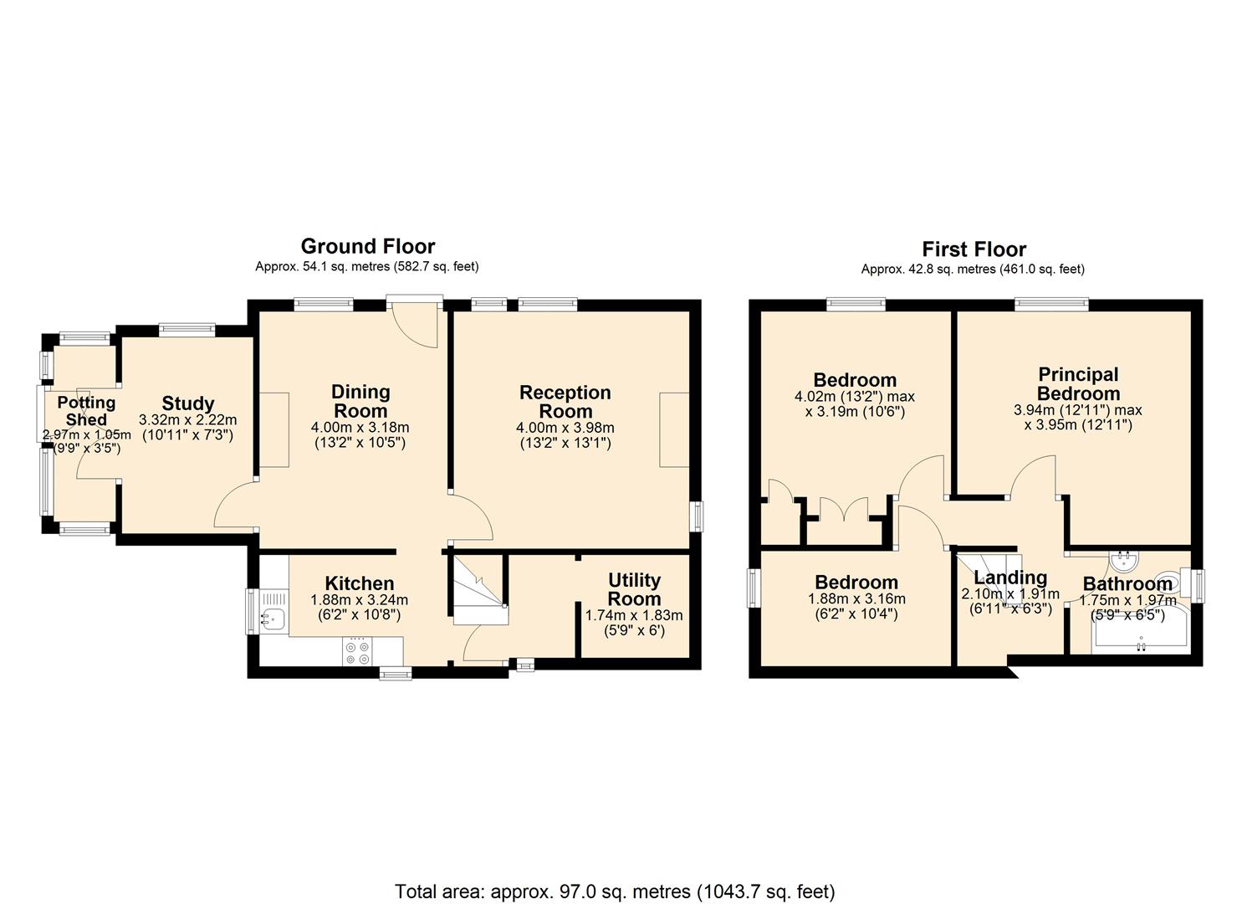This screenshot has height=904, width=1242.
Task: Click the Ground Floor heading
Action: click(x=368, y=246)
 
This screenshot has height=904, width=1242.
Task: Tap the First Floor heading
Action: click(x=974, y=249)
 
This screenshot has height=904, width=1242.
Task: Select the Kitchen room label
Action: click(x=360, y=583)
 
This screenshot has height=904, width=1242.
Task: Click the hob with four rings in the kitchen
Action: click(x=357, y=653)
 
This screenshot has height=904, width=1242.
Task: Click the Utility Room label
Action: click(x=634, y=589)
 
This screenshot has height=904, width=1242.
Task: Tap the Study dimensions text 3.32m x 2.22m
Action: click(x=188, y=420)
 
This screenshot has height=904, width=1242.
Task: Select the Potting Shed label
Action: click(x=86, y=411)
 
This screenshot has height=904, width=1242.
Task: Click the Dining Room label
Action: click(x=360, y=401)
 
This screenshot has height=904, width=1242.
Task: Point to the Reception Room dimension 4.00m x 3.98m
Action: click(x=565, y=428)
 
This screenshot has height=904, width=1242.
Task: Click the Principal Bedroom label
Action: click(x=1078, y=384)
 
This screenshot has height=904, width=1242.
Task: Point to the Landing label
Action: click(x=1010, y=578)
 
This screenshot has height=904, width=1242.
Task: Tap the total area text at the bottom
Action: click(x=615, y=876)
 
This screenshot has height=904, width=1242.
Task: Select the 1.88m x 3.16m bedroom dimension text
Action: click(x=856, y=598)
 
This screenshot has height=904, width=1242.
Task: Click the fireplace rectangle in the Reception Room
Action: click(x=674, y=429)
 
